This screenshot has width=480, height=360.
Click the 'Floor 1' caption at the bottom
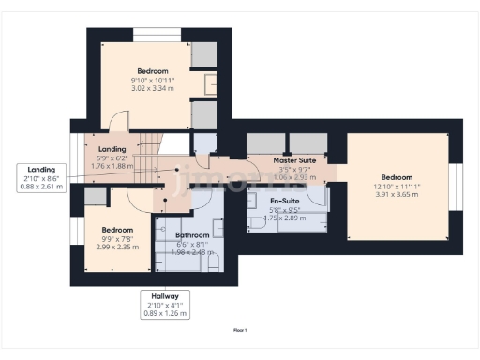(240, 330)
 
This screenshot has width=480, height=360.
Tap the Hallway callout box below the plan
(166, 304)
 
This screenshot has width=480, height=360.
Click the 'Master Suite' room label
(293, 161)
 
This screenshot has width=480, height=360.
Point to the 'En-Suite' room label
(284, 201)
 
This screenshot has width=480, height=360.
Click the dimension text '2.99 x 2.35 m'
(117, 248)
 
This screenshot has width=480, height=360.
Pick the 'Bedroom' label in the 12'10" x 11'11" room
(397, 176)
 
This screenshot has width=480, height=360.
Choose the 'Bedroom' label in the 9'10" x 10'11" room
(152, 71)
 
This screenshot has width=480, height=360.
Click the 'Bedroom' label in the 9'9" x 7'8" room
(117, 229)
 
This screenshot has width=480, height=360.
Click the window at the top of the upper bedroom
(152, 35)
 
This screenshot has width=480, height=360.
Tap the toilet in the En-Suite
(258, 224)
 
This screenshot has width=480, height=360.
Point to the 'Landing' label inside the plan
(112, 149)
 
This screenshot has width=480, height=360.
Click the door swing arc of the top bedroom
(116, 121)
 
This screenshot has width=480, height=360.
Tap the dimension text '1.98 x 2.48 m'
(191, 253)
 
